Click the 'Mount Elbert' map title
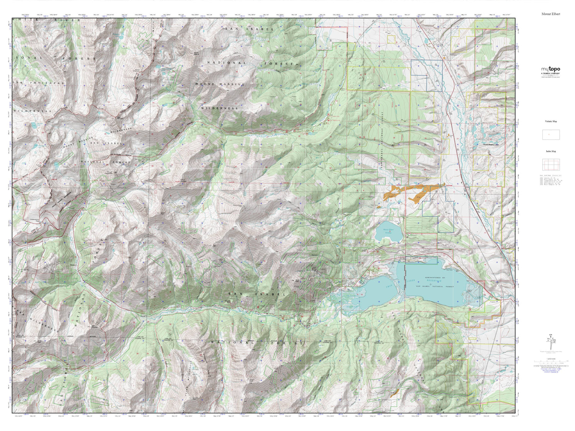point(550,14)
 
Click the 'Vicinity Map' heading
point(551,121)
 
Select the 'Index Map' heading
point(551,151)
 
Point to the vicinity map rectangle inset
point(551,134)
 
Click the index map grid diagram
point(551,164)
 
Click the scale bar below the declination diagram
point(550,361)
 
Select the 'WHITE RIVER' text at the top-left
point(31,20)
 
